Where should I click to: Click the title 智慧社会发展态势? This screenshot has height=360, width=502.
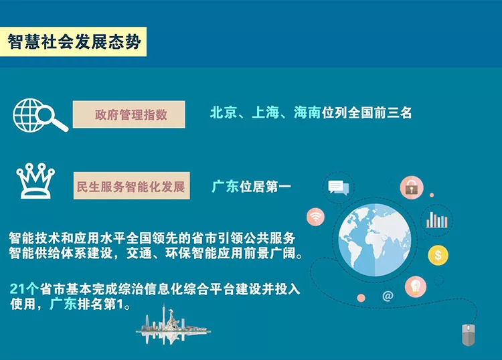point(74,42)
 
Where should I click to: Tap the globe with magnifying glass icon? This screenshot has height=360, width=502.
point(40,115)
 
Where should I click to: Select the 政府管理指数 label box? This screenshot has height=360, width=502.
point(129,114)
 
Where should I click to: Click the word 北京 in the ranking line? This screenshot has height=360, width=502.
point(224,112)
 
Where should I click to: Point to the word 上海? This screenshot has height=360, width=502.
point(266,112)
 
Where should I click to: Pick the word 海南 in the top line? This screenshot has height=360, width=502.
point(307,112)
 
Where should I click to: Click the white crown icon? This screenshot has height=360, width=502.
point(35,181)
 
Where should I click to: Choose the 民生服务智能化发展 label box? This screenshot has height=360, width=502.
point(131,185)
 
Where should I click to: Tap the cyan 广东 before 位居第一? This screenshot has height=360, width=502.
point(225,187)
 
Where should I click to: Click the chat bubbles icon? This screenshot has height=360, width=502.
point(339,187)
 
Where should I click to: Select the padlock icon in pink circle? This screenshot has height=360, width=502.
point(412,187)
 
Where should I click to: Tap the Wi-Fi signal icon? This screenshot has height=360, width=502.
point(316,217)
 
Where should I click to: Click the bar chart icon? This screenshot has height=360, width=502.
point(436,220)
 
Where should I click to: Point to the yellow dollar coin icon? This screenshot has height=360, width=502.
point(438,255)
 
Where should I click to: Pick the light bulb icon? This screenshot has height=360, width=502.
point(416,286)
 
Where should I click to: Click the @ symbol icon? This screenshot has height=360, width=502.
point(388,296)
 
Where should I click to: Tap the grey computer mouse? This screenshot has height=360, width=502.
point(469,335)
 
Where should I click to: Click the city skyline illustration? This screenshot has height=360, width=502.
point(173,325)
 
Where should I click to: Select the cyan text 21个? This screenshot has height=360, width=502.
point(24,289)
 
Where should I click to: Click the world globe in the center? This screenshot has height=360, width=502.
point(375,240)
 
